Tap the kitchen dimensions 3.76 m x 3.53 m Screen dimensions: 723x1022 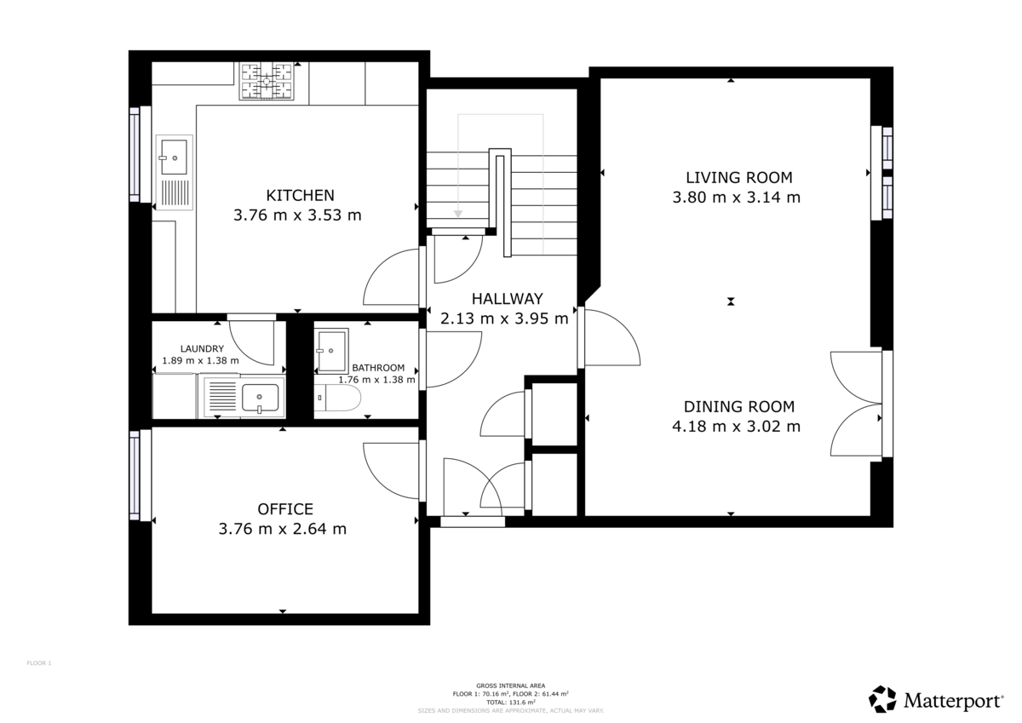[297, 215]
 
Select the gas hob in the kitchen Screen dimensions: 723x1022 [266, 83]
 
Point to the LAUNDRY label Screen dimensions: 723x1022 [202, 348]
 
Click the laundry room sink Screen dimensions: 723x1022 [259, 397]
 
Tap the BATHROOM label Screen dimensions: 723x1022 [378, 368]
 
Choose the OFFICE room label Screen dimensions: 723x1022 [285, 509]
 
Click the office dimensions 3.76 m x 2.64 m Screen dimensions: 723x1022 [283, 529]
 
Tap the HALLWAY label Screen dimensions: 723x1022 [508, 299]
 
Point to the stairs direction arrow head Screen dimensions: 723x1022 [458, 214]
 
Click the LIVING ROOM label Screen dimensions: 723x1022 [738, 177]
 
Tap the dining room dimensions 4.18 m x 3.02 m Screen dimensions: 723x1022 [736, 427]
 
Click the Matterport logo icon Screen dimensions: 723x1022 [882, 699]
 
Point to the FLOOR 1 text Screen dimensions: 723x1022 [39, 663]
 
